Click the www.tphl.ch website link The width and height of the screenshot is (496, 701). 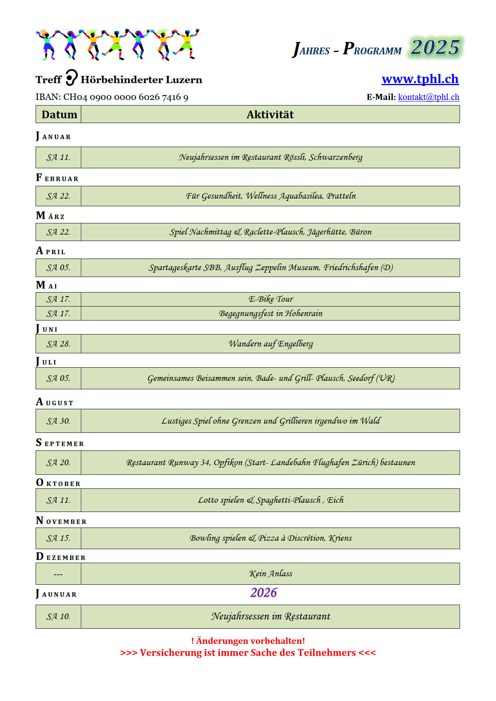(x=420, y=79)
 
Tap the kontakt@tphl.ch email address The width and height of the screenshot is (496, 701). (x=428, y=97)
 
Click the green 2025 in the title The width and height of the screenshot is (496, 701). (x=435, y=48)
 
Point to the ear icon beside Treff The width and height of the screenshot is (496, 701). (x=71, y=78)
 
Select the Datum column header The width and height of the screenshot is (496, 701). (x=59, y=115)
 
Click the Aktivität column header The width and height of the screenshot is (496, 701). (x=270, y=115)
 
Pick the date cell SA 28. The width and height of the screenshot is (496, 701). (x=58, y=344)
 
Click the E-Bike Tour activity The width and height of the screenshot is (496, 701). (x=270, y=299)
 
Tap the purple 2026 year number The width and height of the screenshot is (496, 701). (x=264, y=593)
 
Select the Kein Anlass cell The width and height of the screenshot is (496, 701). (x=270, y=574)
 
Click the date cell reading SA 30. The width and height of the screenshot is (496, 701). (x=58, y=421)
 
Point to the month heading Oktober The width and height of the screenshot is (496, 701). (x=58, y=483)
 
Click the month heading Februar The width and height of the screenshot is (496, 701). (x=57, y=178)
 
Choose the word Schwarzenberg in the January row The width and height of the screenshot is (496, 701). (x=336, y=157)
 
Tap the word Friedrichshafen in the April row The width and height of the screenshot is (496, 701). (x=351, y=267)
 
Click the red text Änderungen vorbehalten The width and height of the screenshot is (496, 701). (x=248, y=641)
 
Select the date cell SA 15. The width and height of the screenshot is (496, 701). (x=58, y=538)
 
